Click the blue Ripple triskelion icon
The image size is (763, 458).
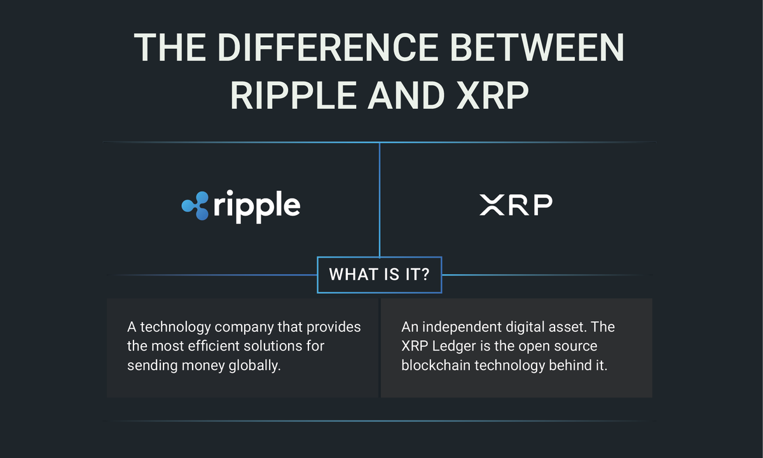(195, 205)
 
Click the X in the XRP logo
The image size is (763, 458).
(491, 205)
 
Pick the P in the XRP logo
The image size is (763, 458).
(541, 205)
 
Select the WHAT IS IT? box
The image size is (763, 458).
(379, 275)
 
